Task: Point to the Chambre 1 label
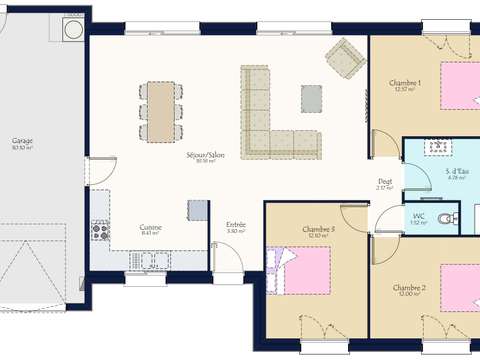(x=405, y=82)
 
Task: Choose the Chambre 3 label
(x=319, y=230)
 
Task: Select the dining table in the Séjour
(x=159, y=109)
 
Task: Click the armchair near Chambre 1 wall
(x=346, y=59)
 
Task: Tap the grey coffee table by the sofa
(x=311, y=97)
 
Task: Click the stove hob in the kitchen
(x=100, y=230)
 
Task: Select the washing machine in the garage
(x=73, y=31)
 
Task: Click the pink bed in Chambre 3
(x=300, y=270)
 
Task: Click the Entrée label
(x=236, y=225)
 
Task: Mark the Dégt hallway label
(x=384, y=182)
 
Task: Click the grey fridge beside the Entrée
(x=197, y=211)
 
